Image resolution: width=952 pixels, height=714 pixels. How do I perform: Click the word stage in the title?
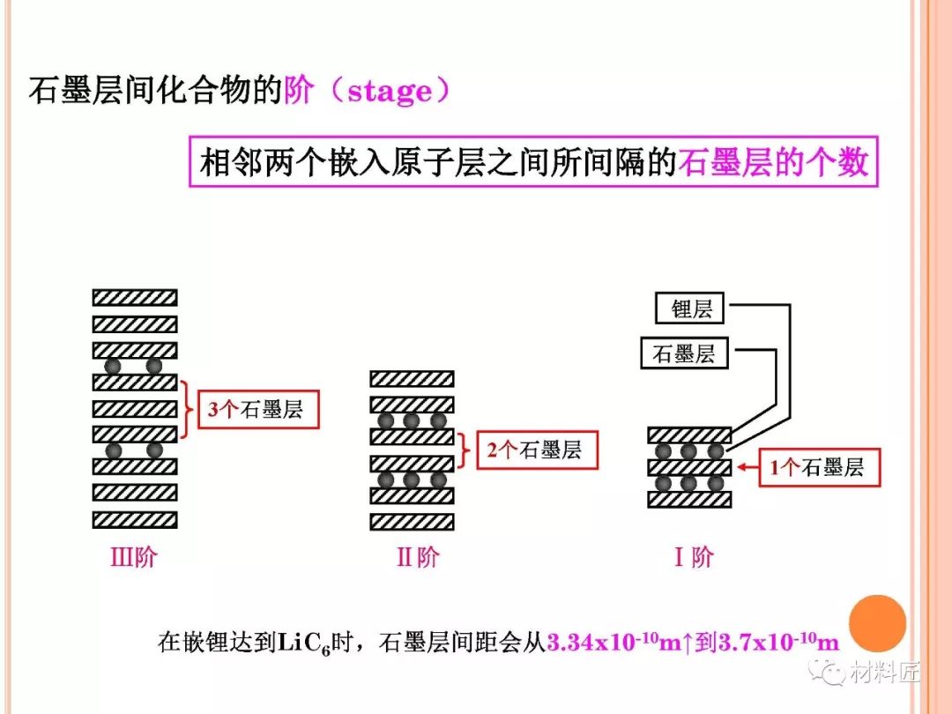tap(390, 91)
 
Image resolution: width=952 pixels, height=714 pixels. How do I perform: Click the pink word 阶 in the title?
tap(298, 91)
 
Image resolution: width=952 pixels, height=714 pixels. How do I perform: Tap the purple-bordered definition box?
tap(535, 160)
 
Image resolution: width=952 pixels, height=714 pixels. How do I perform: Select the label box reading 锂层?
tap(691, 309)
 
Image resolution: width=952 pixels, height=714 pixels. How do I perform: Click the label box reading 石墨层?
tap(684, 354)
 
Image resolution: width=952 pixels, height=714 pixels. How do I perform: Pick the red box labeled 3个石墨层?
tap(256, 410)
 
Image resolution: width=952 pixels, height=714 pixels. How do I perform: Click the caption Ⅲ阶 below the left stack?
tap(133, 557)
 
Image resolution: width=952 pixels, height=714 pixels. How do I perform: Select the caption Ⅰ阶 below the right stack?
tap(694, 557)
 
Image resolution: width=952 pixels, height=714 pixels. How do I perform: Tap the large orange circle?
tap(876, 624)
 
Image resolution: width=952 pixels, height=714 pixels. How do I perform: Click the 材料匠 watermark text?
tap(885, 673)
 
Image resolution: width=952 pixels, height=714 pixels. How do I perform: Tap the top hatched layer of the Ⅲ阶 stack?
tap(135, 298)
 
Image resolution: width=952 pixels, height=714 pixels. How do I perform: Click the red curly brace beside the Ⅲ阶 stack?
tap(185, 410)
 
